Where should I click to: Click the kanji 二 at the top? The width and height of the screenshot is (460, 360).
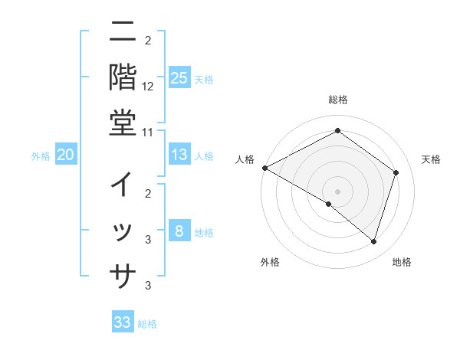(123, 33)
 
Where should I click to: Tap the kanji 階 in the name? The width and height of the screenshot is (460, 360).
(123, 77)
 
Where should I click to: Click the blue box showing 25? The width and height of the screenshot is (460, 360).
(179, 77)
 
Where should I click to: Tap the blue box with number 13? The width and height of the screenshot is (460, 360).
(179, 155)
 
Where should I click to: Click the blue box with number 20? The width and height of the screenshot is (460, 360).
(65, 155)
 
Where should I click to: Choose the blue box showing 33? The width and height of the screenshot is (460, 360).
(123, 322)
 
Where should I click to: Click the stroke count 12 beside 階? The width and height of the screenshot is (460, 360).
(148, 86)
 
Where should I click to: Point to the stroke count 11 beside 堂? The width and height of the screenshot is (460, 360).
(148, 132)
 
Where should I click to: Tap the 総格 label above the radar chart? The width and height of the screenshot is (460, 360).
(337, 100)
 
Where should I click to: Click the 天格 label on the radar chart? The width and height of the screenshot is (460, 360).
(431, 159)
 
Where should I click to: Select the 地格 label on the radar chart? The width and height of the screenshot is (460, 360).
(402, 262)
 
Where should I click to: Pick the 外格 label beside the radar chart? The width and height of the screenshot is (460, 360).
(270, 262)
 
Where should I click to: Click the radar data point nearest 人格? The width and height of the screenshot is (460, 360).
(264, 168)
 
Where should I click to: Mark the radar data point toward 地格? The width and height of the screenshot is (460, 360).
(373, 242)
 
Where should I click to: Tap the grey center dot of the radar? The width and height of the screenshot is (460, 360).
(337, 191)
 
